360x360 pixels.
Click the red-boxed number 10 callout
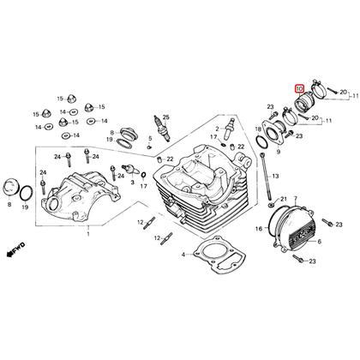click(x=299, y=89)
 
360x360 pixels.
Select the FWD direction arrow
click(x=16, y=249)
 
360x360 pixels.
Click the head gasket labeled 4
click(x=219, y=253)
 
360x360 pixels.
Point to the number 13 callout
click(x=275, y=177)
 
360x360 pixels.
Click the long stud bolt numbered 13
click(x=265, y=177)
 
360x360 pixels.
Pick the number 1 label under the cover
click(x=88, y=234)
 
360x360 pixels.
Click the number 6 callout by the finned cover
click(x=319, y=242)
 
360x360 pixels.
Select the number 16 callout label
click(x=259, y=229)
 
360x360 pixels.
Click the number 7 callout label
click(x=296, y=198)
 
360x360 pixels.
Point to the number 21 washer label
click(x=283, y=199)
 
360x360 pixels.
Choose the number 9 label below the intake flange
click(x=279, y=153)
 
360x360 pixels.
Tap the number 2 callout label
click(x=217, y=129)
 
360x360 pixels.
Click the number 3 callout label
click(x=132, y=182)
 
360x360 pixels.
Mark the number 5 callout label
click(x=150, y=139)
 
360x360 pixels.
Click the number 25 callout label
click(x=166, y=117)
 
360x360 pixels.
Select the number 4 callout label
click(x=183, y=255)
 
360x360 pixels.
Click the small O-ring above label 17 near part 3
click(x=144, y=175)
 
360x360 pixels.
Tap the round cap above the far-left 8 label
click(x=10, y=187)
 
